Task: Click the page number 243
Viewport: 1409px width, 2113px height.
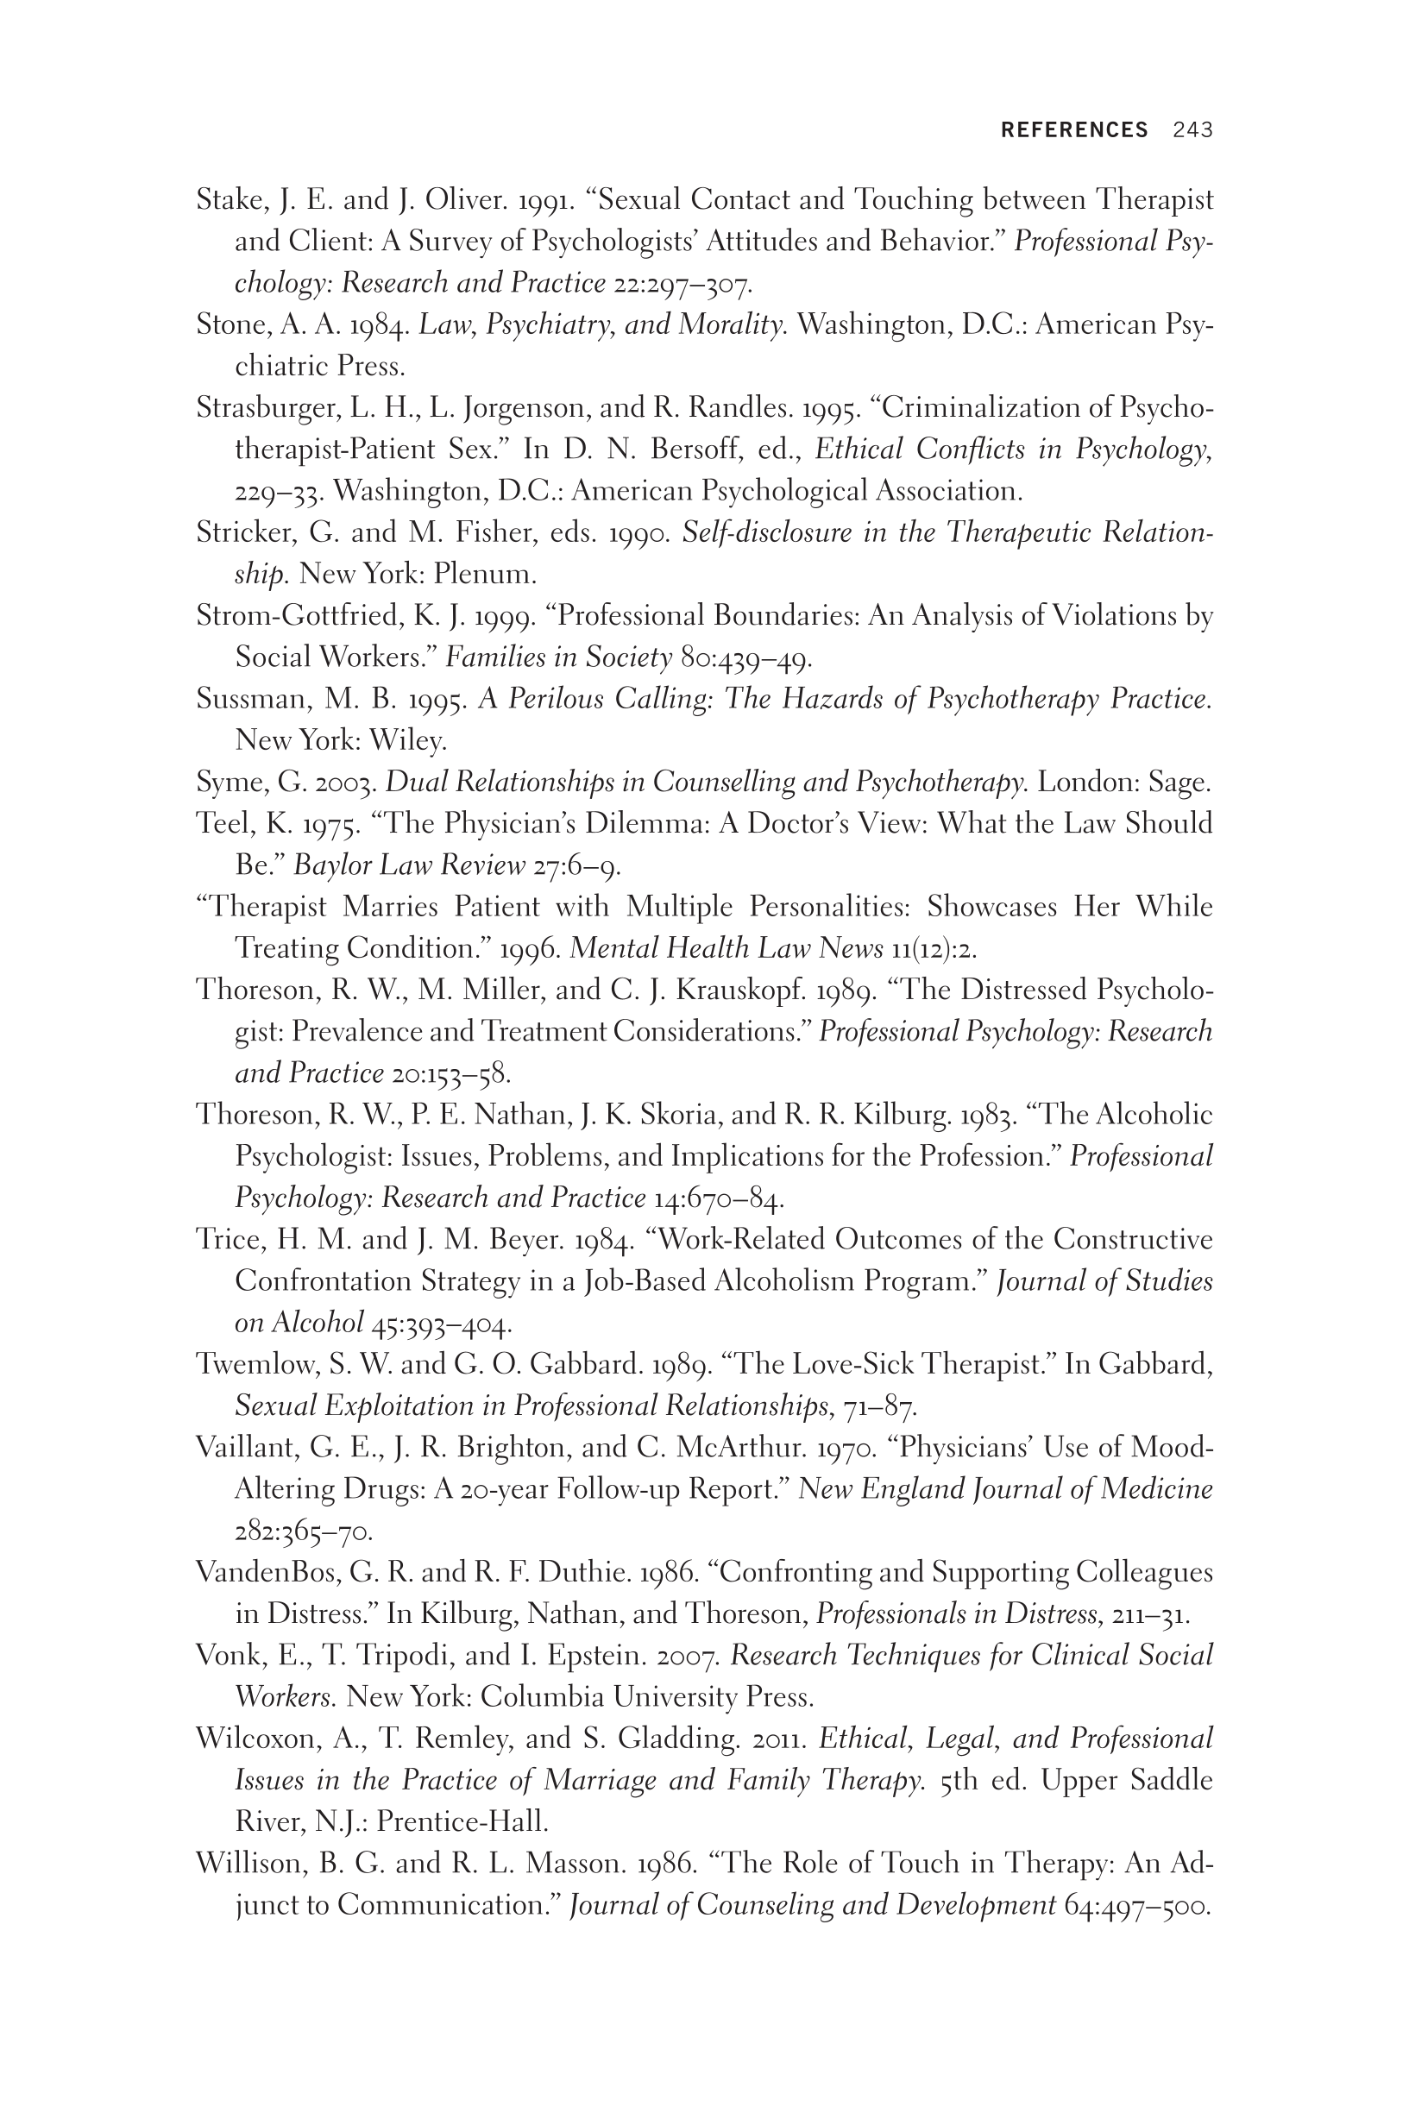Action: pyautogui.click(x=1192, y=130)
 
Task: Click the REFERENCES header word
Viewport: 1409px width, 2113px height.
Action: pyautogui.click(x=1074, y=130)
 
